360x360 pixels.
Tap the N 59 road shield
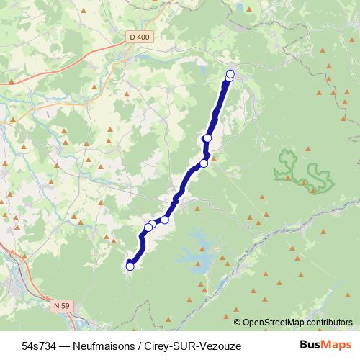click(61, 305)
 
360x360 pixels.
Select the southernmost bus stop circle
click(130, 266)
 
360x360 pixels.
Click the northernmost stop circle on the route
click(230, 74)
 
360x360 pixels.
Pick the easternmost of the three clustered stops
click(165, 220)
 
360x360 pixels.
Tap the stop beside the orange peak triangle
click(204, 163)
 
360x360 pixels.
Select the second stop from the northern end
click(207, 138)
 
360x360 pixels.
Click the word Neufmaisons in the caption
click(97, 346)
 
